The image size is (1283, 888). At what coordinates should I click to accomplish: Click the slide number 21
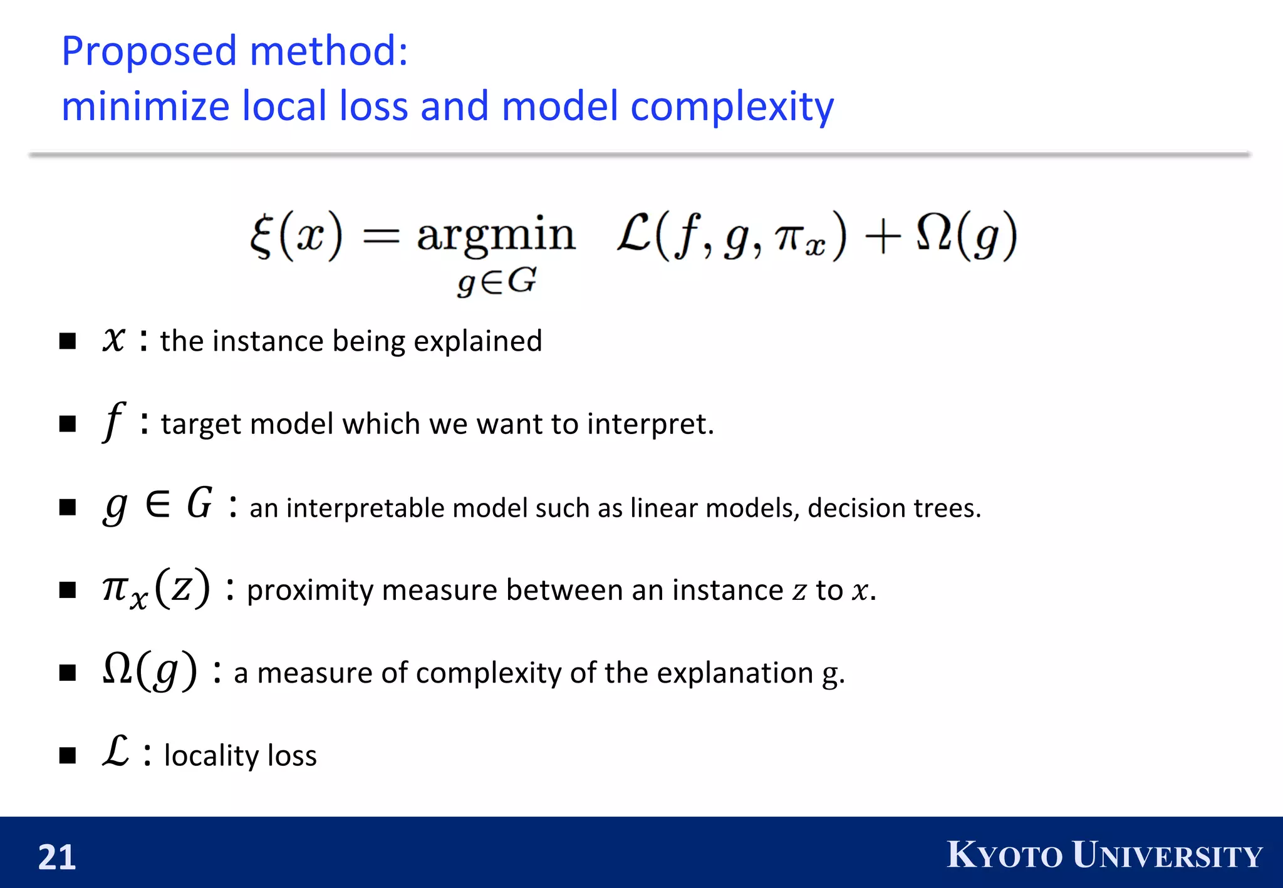pyautogui.click(x=57, y=857)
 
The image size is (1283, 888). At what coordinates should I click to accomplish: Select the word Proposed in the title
pyautogui.click(x=149, y=51)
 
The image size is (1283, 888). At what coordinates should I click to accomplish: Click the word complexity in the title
pyautogui.click(x=732, y=106)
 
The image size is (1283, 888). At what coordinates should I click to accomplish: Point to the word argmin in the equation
pyautogui.click(x=496, y=235)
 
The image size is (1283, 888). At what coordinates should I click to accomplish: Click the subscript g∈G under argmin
pyautogui.click(x=497, y=282)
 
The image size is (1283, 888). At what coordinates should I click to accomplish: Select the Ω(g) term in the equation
pyautogui.click(x=965, y=235)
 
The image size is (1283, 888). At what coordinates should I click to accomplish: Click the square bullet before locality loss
pyautogui.click(x=68, y=755)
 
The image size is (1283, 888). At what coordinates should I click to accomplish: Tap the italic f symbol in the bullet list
pyautogui.click(x=113, y=421)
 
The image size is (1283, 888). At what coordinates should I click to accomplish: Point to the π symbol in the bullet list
pyautogui.click(x=115, y=589)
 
